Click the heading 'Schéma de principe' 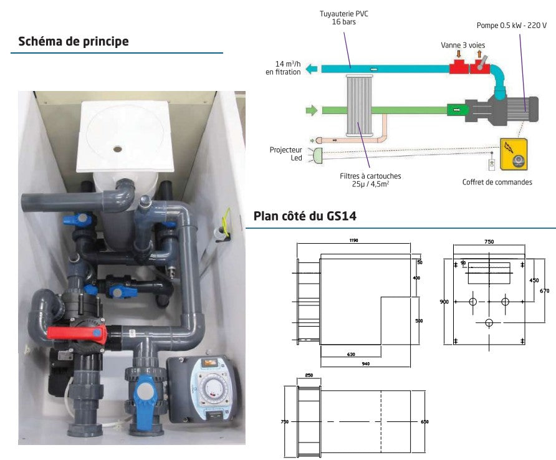[x=74, y=42]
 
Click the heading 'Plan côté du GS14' [x=305, y=216]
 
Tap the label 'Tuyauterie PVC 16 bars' [x=343, y=17]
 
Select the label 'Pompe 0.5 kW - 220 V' [x=511, y=26]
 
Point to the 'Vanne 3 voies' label [x=463, y=45]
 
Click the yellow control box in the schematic [x=514, y=154]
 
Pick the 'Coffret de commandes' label [x=497, y=182]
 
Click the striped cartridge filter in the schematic [x=360, y=105]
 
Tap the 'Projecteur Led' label [x=286, y=154]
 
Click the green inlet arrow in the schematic [x=311, y=110]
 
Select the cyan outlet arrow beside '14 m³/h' [x=312, y=69]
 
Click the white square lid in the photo [x=125, y=136]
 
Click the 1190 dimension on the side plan [x=353, y=241]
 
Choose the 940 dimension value [x=366, y=363]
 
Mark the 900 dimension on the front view [x=444, y=302]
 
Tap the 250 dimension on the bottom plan [x=309, y=375]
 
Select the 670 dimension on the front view [x=544, y=291]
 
